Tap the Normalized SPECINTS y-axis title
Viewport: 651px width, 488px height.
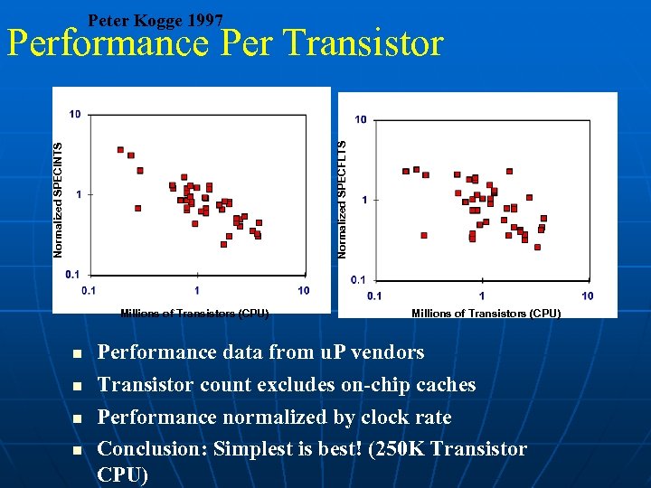coord(59,199)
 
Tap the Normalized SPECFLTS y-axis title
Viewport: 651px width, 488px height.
coord(343,199)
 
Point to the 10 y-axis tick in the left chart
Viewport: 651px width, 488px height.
coord(75,114)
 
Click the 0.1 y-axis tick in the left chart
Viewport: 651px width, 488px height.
coord(73,274)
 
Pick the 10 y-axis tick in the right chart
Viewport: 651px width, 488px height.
coord(360,119)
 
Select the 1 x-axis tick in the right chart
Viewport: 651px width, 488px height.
coord(482,296)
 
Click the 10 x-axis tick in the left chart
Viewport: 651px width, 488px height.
coord(303,290)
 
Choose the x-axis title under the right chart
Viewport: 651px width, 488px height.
coord(486,314)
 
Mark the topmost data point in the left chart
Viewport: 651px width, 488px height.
coord(120,150)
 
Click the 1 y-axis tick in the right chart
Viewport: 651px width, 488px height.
coord(363,200)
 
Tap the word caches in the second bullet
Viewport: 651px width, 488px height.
coord(440,385)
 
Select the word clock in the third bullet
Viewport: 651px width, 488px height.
coord(371,418)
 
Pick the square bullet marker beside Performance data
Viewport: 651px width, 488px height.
coord(78,353)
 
